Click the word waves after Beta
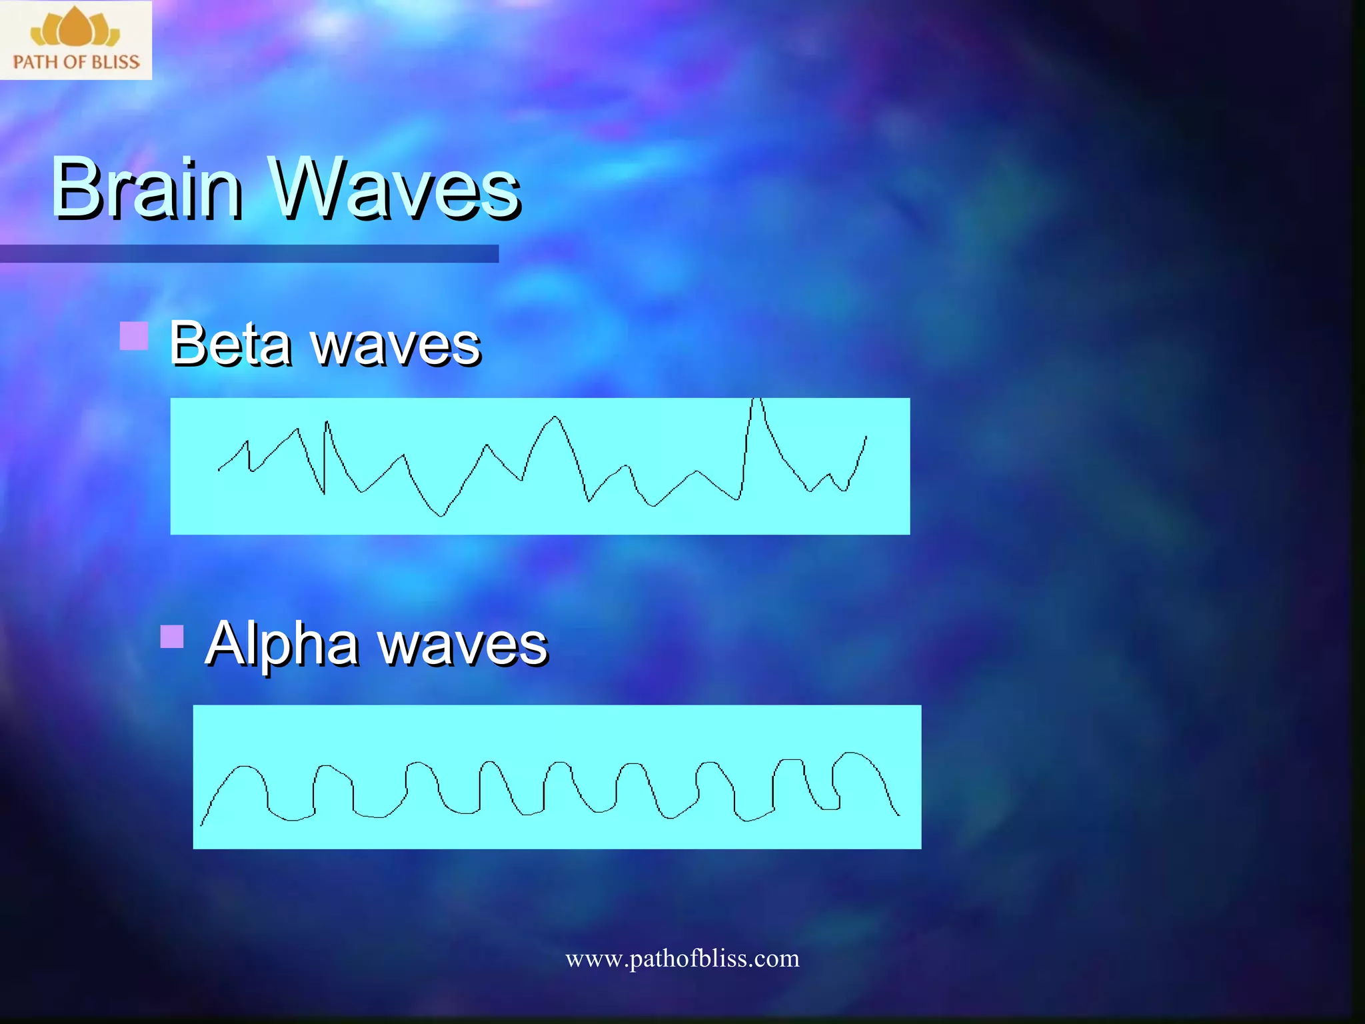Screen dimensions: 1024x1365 [396, 347]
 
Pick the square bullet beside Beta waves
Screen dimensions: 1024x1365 [134, 336]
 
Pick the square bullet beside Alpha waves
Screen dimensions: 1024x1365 [172, 637]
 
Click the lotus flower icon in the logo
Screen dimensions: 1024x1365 [75, 28]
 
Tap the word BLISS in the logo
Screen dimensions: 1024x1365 [115, 62]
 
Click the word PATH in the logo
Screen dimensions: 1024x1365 [35, 62]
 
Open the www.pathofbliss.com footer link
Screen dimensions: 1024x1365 [682, 959]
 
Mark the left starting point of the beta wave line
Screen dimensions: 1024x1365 [219, 470]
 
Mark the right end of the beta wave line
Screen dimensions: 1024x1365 [866, 437]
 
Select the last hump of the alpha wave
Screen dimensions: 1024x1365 [853, 755]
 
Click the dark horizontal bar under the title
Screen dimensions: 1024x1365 [249, 253]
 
